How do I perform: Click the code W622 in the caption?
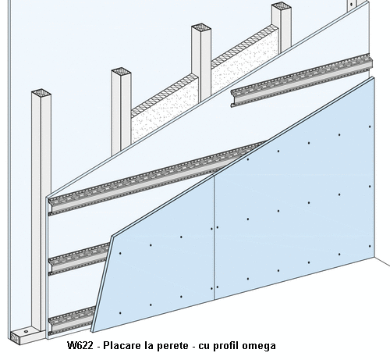coord(80,346)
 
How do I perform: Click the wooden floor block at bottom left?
coord(26,337)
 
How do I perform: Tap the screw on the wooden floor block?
coord(27,332)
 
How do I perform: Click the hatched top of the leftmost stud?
coord(41,92)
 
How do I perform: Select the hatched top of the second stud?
coord(121,71)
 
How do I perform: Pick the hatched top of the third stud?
coord(201,27)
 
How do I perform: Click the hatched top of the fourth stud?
coord(281,5)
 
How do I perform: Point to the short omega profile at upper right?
coord(301,80)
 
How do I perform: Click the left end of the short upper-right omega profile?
coord(232,98)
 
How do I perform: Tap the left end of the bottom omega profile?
coord(49,326)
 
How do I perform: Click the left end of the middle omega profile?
coord(49,266)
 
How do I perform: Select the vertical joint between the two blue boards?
coord(214,237)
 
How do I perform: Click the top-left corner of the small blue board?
coord(112,237)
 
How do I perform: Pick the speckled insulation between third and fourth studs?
coord(244,61)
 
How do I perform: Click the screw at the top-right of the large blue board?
coord(370,127)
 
